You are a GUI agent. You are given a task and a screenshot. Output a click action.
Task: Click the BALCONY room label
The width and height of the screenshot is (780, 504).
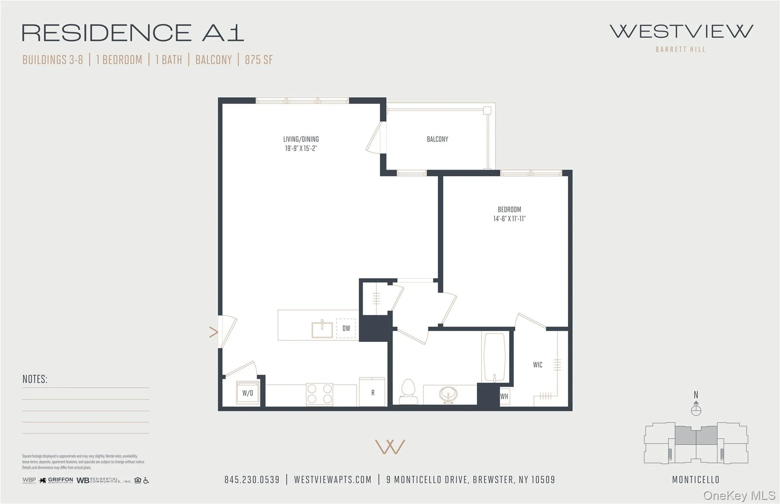click(437, 139)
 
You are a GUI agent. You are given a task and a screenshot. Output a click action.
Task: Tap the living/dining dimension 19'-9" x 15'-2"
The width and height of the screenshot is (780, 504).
click(301, 148)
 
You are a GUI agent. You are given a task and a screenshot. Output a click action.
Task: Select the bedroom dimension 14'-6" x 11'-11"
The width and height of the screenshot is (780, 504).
click(509, 219)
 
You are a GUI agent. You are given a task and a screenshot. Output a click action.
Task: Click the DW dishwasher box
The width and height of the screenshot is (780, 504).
click(346, 328)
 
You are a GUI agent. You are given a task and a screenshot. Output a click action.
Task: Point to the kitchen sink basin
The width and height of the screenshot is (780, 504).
click(322, 329)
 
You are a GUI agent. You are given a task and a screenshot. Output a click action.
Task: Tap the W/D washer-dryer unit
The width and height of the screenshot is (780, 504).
click(248, 393)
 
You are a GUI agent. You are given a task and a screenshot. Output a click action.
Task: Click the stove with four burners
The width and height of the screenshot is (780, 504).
click(320, 394)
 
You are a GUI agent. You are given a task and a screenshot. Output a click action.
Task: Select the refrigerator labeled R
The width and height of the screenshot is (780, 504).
click(372, 392)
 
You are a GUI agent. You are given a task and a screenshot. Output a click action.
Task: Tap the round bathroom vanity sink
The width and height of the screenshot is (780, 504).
click(449, 394)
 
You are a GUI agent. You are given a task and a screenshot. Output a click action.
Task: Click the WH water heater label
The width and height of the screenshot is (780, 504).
click(504, 396)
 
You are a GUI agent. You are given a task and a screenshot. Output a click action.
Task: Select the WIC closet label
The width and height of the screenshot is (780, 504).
click(537, 365)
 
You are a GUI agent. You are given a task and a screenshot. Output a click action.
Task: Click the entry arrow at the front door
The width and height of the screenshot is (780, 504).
click(214, 332)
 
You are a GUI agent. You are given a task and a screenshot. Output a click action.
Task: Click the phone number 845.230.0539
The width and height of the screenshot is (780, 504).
click(252, 480)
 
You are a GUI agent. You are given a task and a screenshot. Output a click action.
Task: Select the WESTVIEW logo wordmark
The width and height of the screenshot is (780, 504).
click(681, 32)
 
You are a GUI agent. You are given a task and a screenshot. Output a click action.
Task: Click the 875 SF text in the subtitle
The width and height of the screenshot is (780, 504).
click(259, 60)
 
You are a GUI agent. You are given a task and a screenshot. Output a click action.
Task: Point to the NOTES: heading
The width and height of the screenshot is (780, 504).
click(35, 379)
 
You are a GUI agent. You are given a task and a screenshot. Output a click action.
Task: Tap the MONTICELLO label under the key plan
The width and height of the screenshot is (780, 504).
click(695, 480)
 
